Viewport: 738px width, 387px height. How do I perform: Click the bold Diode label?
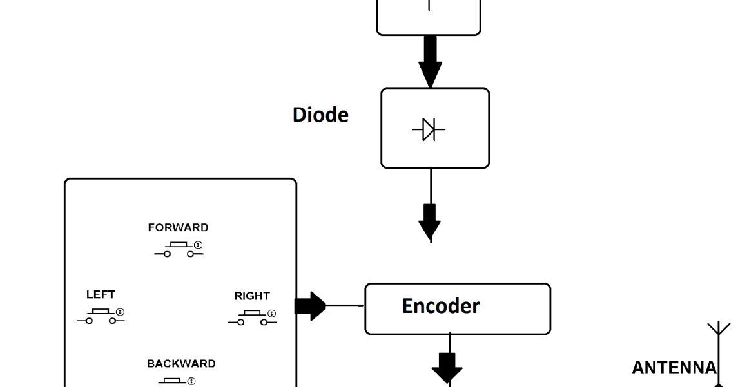point(320,115)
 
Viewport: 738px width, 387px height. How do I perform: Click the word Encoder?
point(440,307)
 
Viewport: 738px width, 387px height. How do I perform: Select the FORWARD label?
point(178,227)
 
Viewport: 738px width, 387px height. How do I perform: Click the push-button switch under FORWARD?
point(178,249)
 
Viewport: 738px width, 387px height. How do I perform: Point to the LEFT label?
point(101,294)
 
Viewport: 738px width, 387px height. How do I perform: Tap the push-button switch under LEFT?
point(101,316)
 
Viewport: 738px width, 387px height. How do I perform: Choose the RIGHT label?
point(252,296)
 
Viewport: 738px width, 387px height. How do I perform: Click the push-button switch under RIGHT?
point(252,317)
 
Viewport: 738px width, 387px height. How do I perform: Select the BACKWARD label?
point(181,363)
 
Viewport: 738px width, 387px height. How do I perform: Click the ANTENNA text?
point(674,368)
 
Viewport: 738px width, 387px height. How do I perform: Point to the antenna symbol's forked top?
point(719,328)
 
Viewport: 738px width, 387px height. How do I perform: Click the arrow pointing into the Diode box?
point(430,61)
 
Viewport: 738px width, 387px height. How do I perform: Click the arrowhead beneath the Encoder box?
point(447,368)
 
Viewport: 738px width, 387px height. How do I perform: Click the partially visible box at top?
point(429,16)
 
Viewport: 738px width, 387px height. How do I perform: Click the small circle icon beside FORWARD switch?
point(199,245)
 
